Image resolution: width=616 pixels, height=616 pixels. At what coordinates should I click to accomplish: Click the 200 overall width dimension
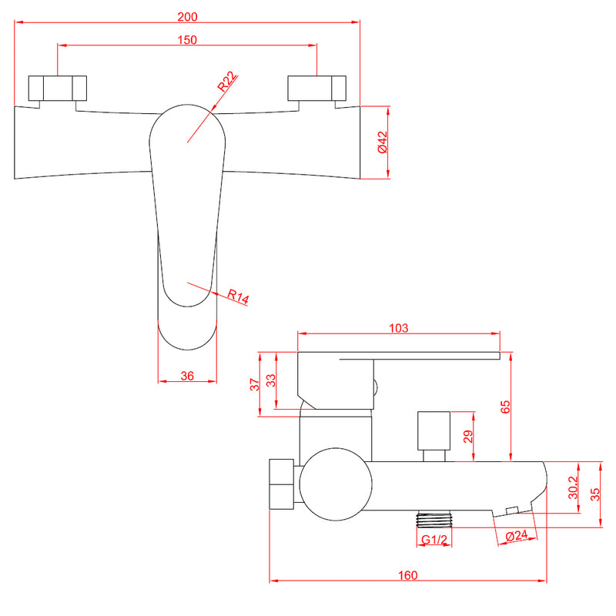point(187,17)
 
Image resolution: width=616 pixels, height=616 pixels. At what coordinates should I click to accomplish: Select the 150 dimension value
point(187,40)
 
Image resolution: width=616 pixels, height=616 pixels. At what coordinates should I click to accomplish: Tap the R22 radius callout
point(227,82)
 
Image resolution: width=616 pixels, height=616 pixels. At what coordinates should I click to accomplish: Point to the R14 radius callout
point(238,296)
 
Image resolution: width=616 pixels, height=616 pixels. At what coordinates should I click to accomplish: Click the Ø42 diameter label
point(382,142)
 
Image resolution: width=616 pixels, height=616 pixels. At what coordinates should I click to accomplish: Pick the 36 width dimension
point(187,376)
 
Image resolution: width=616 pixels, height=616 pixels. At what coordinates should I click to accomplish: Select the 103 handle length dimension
point(398,328)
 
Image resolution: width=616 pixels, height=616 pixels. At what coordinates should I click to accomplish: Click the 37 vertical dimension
point(255,384)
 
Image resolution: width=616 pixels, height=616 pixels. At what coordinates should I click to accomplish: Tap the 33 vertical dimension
point(271,380)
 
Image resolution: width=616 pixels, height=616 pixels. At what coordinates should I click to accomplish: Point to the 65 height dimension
point(505,407)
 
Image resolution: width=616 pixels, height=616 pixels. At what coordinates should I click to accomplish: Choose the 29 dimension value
point(468,437)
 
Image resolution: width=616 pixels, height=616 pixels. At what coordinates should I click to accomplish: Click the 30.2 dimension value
point(573,487)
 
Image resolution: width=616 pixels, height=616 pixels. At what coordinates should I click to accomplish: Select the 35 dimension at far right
point(595,494)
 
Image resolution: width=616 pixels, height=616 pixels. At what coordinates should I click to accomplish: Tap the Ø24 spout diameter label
point(516,535)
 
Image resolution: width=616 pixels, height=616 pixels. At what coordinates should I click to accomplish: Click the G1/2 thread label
point(434,540)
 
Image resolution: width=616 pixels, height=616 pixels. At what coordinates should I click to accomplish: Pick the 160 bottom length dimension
point(408,575)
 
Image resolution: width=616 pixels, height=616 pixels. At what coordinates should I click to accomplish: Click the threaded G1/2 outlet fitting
point(434,519)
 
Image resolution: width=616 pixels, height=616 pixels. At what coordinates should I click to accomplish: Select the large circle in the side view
point(336,484)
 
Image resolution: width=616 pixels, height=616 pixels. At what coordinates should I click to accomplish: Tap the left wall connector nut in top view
point(57,88)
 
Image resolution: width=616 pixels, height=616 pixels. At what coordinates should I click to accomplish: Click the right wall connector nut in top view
point(316,88)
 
